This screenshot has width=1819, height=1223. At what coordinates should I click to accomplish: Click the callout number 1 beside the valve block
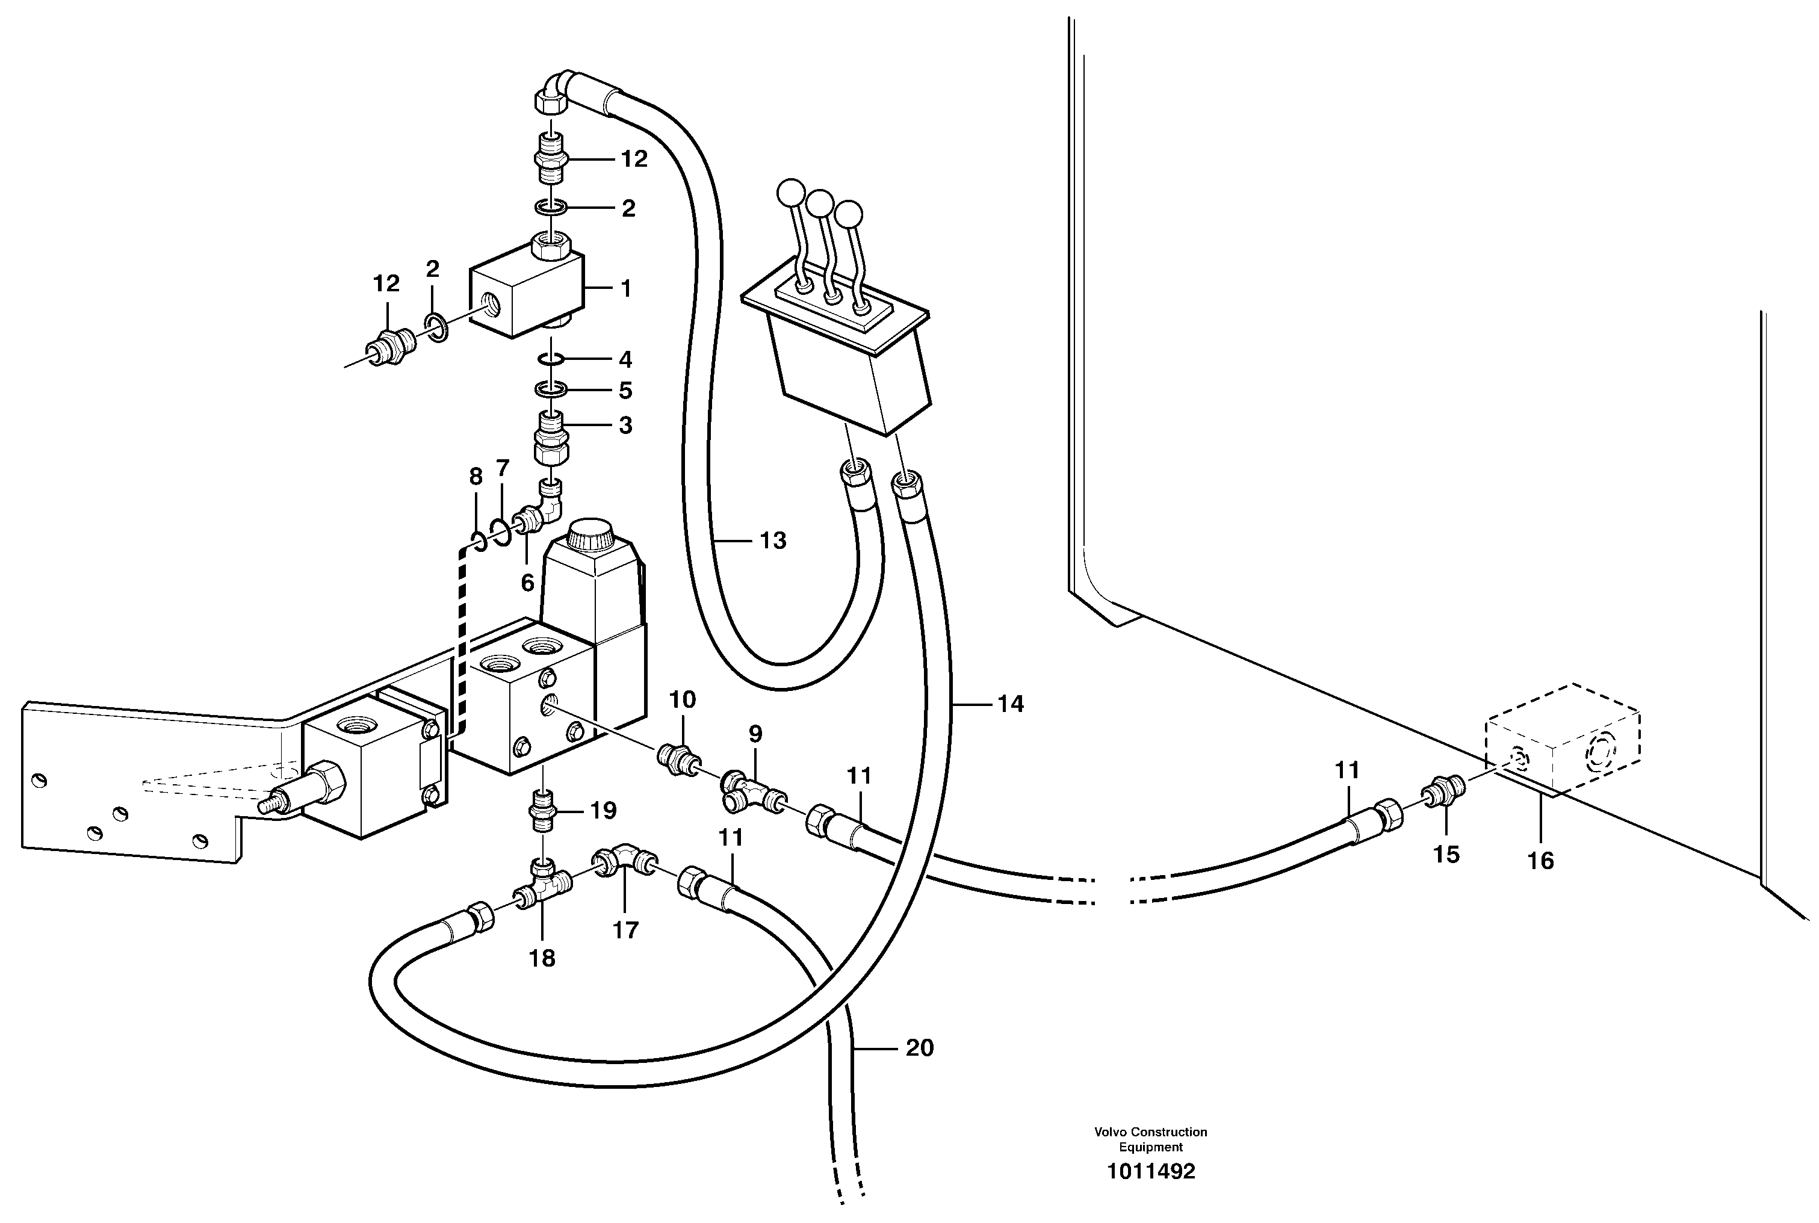625,288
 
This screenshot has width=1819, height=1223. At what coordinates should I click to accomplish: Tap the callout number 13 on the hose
772,540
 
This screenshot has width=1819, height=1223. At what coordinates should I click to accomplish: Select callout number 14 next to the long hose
1010,704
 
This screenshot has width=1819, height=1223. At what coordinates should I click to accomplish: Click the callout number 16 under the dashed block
1540,861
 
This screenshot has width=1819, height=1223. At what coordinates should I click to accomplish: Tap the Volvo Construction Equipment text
1150,1139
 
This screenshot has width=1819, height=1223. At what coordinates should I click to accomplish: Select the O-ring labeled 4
551,358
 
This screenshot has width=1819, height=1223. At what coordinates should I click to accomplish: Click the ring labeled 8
479,540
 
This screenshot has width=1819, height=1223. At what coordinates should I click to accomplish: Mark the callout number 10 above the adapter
683,699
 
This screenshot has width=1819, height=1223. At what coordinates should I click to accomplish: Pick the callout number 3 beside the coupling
625,426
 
